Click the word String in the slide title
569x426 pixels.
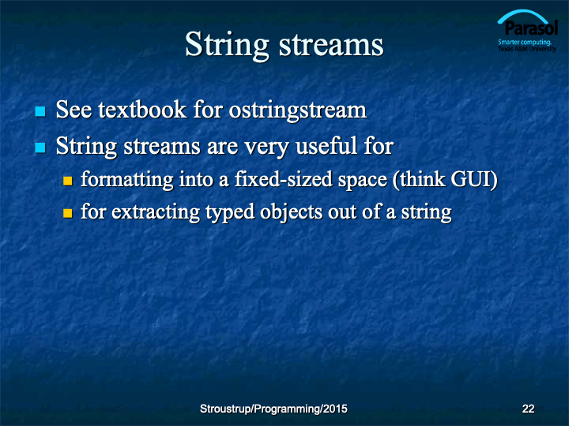click(x=227, y=46)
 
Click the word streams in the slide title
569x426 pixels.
click(x=331, y=45)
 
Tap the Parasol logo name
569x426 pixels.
click(x=531, y=28)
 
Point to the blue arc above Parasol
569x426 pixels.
click(x=522, y=14)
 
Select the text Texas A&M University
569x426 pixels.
click(x=527, y=49)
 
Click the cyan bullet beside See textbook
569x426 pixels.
click(x=40, y=111)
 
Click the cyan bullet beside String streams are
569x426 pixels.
click(x=40, y=148)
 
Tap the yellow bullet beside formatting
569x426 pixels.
click(x=68, y=181)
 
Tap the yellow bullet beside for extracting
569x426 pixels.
click(x=68, y=213)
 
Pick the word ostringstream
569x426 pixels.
click(x=298, y=110)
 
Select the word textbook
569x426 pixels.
click(x=142, y=110)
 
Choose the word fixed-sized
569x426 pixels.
click(x=284, y=179)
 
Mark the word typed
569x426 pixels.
click(x=230, y=213)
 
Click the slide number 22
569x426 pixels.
click(x=528, y=409)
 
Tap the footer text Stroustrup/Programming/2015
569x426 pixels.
click(x=273, y=409)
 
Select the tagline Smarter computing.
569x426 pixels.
click(x=525, y=42)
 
